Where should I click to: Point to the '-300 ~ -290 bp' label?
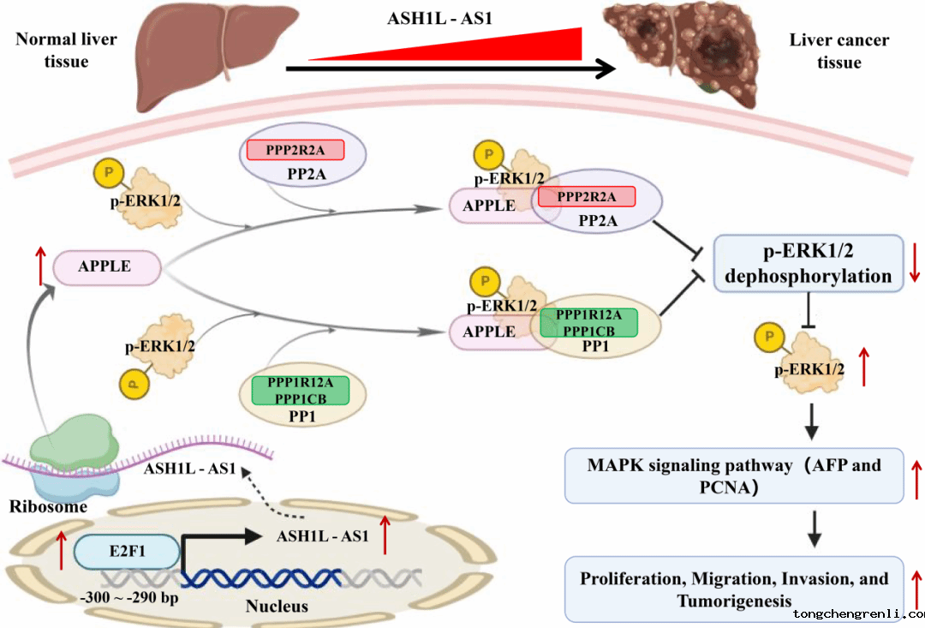pyautogui.click(x=128, y=597)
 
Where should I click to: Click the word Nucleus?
pyautogui.click(x=277, y=607)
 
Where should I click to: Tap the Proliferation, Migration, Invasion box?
pyautogui.click(x=734, y=589)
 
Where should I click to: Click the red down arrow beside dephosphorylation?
pyautogui.click(x=914, y=264)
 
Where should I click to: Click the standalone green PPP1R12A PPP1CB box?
pyautogui.click(x=300, y=390)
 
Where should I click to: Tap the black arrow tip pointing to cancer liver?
pyautogui.click(x=606, y=69)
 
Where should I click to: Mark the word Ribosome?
pyautogui.click(x=48, y=506)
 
